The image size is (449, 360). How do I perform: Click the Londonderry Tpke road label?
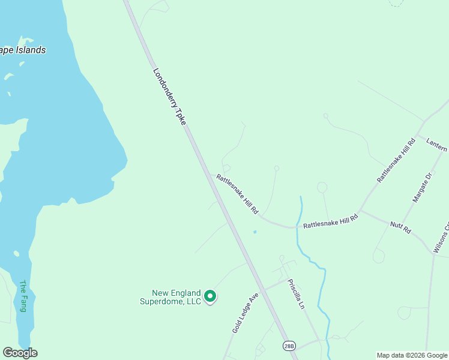tap(169, 97)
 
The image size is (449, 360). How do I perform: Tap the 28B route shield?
tap(289, 346)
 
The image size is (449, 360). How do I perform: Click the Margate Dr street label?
tap(422, 187)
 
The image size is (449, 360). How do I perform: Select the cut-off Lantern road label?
tap(437, 145)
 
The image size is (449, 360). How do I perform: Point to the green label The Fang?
tap(23, 296)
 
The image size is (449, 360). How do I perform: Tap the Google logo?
tap(20, 353)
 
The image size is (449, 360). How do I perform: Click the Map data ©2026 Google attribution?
tap(412, 355)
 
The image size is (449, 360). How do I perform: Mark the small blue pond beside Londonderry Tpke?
tap(255, 232)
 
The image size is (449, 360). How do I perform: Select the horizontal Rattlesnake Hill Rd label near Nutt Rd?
tap(330, 223)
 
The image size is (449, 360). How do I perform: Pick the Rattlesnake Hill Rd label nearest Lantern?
tap(396, 160)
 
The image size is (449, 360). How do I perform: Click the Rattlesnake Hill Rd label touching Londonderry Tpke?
tap(237, 194)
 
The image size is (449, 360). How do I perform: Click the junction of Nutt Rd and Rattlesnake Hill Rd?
tap(359, 212)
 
